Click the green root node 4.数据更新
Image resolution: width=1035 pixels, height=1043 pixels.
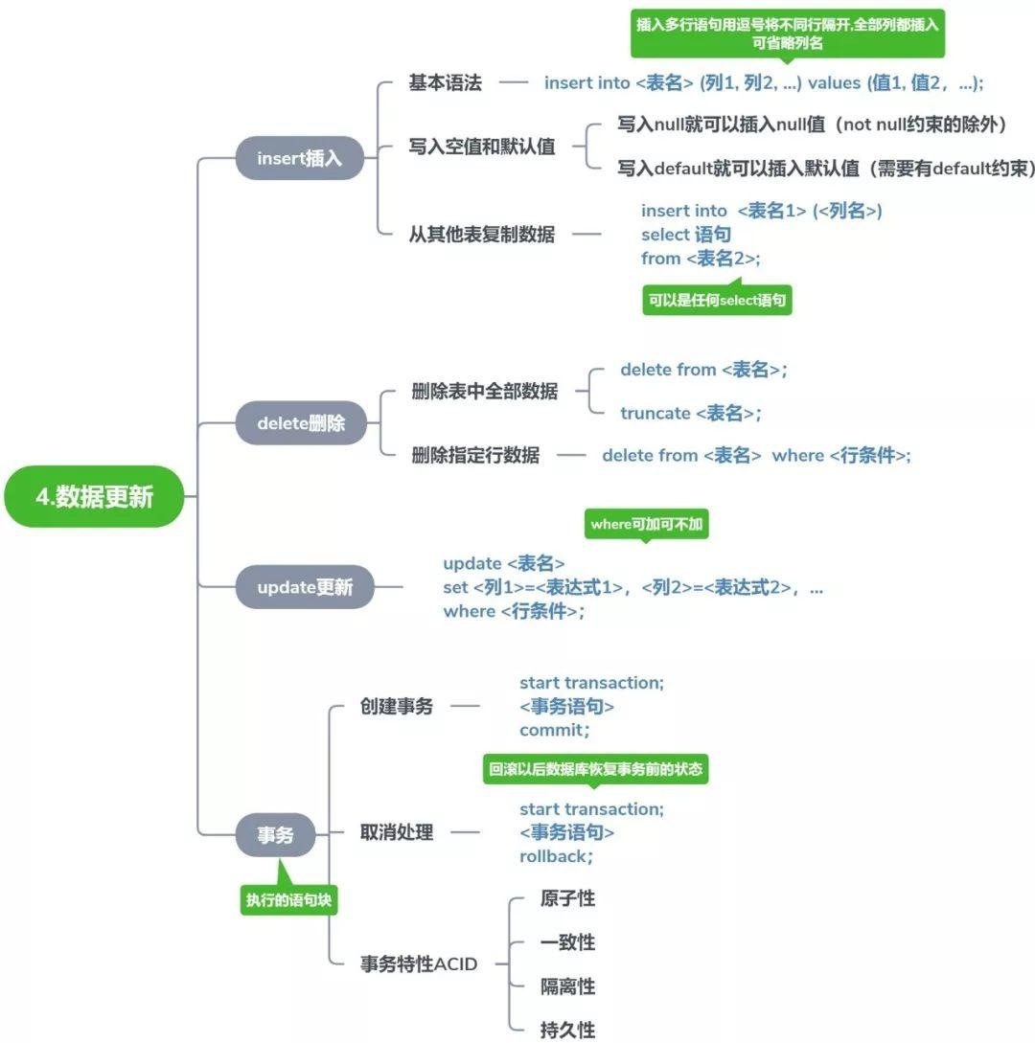[x=94, y=496]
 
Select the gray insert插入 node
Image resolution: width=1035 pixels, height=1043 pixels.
[x=299, y=159]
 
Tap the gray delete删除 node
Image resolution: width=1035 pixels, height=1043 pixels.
[x=301, y=422]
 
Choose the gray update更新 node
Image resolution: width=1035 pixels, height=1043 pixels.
[x=305, y=587]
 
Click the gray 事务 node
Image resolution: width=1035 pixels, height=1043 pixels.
[x=275, y=835]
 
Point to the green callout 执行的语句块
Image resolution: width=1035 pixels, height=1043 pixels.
[x=289, y=900]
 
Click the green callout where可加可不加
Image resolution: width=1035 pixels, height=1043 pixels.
[x=646, y=524]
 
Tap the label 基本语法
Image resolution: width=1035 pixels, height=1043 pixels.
[x=445, y=82]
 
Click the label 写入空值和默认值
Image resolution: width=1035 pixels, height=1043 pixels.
[x=482, y=147]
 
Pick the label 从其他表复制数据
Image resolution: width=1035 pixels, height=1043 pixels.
[x=481, y=234]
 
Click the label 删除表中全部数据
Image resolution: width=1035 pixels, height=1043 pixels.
[x=484, y=392]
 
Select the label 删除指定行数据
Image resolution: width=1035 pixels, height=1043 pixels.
[x=475, y=455]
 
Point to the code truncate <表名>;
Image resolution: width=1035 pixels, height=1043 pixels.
[x=690, y=413]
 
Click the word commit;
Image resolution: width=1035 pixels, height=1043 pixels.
[x=554, y=731]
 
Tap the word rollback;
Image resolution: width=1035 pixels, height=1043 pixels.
[x=556, y=856]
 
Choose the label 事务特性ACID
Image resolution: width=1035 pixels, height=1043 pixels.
[x=418, y=964]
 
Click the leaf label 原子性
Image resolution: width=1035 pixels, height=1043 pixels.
[x=567, y=898]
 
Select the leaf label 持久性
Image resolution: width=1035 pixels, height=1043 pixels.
[x=567, y=1031]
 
